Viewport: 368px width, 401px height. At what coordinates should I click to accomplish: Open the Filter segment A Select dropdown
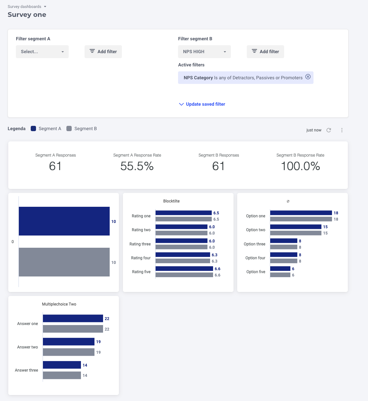42,52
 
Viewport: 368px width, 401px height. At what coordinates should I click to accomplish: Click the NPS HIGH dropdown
204,52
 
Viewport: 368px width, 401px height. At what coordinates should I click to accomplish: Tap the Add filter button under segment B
265,52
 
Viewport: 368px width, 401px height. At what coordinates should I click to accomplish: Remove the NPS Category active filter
308,77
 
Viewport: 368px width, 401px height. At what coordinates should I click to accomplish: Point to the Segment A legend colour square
33,128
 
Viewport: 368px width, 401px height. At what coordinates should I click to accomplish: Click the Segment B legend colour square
69,128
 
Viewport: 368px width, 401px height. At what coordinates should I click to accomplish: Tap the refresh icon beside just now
329,130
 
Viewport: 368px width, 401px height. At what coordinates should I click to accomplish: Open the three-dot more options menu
342,130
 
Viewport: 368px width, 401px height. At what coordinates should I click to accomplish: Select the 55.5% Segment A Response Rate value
137,166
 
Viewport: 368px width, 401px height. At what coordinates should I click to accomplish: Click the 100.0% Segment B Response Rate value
300,166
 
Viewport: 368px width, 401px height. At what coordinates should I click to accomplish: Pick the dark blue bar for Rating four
183,255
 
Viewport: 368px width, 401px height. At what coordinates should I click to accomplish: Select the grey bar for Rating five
184,275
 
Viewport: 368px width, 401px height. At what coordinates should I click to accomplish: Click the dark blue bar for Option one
301,213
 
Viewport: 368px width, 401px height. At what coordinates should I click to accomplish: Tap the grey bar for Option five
280,275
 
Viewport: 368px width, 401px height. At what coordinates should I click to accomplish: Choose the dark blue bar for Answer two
69,342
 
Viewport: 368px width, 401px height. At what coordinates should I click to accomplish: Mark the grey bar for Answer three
62,375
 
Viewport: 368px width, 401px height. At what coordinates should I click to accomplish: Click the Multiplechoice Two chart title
59,304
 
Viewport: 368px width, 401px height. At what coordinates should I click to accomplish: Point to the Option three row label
254,244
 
